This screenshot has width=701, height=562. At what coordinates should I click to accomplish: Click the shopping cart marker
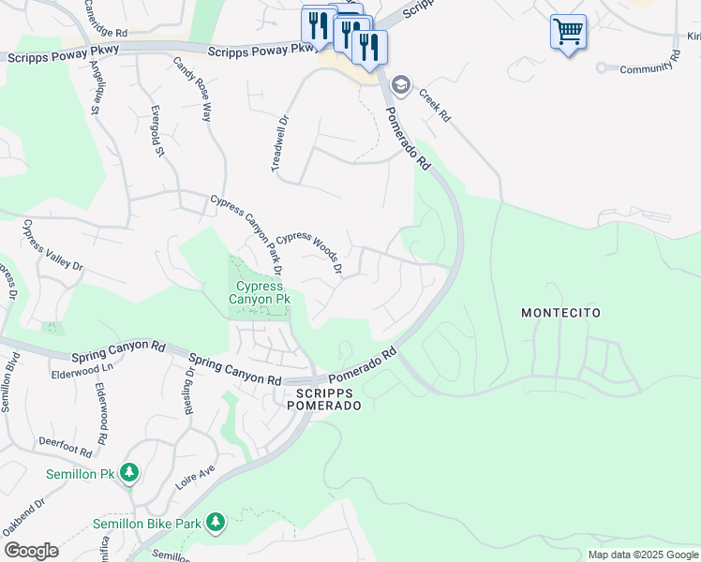568,32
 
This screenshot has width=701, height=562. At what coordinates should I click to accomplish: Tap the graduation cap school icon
401,86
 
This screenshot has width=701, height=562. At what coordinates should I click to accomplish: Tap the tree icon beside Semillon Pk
130,474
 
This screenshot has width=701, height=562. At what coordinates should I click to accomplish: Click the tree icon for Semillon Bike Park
216,522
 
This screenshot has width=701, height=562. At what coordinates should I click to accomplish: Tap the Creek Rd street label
435,105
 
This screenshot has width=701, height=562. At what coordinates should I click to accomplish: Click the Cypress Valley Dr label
52,245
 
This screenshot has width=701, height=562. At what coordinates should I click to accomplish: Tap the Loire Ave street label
195,479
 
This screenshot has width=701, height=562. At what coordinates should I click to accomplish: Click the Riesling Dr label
190,384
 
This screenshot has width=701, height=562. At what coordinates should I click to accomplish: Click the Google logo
31,551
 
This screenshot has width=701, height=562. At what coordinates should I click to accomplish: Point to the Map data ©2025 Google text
642,555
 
